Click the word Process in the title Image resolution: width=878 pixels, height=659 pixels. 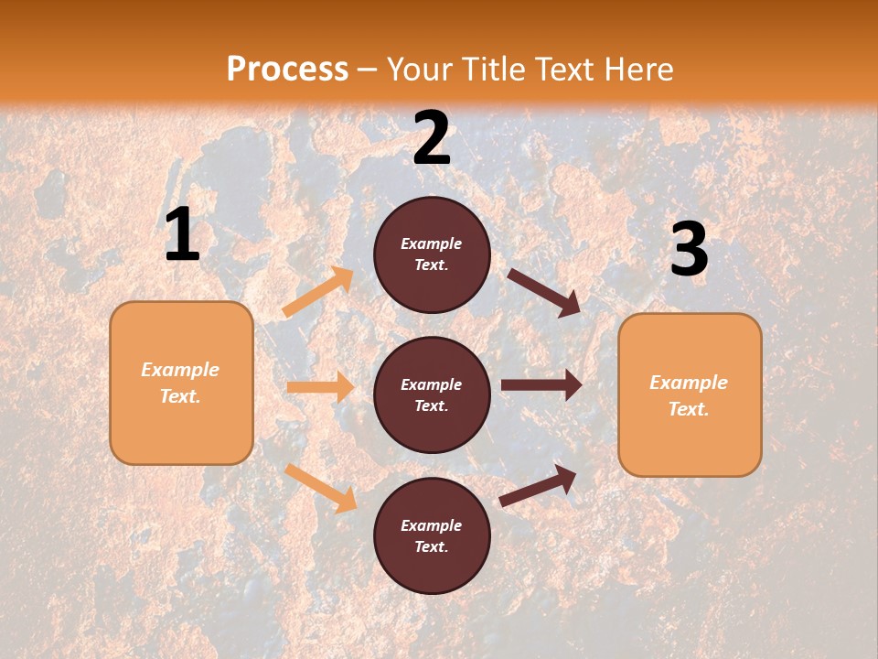pyautogui.click(x=287, y=70)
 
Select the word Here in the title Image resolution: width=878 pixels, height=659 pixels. pyautogui.click(x=635, y=70)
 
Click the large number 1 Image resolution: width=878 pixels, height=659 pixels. pyautogui.click(x=182, y=235)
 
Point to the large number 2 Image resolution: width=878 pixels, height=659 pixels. pyautogui.click(x=432, y=138)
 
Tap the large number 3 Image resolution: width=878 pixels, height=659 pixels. pyautogui.click(x=689, y=250)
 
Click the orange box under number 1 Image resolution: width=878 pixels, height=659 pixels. pyautogui.click(x=181, y=383)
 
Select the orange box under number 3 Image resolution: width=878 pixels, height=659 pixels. pyautogui.click(x=690, y=394)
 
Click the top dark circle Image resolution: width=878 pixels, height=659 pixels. pyautogui.click(x=432, y=254)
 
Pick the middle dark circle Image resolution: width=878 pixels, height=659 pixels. pyautogui.click(x=432, y=394)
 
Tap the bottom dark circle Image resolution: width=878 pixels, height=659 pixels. pyautogui.click(x=432, y=535)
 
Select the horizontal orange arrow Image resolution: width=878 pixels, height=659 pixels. pyautogui.click(x=320, y=387)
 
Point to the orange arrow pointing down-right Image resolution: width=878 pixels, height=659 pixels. pyautogui.click(x=320, y=487)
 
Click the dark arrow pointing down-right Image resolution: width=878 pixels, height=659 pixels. pyautogui.click(x=545, y=292)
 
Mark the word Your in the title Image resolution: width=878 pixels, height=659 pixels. pyautogui.click(x=418, y=70)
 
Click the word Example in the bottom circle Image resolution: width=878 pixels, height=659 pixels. pyautogui.click(x=432, y=525)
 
